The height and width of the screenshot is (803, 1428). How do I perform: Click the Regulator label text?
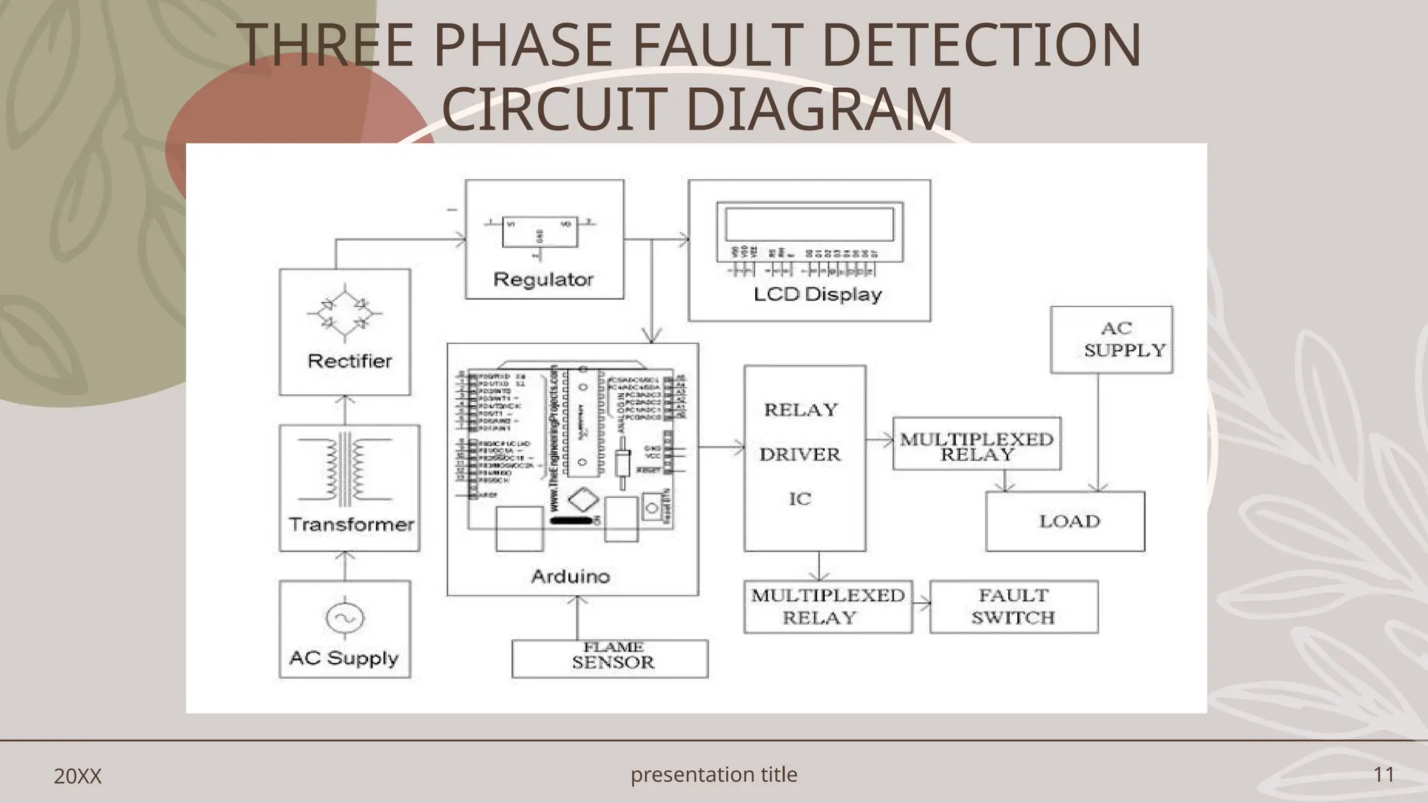tap(543, 280)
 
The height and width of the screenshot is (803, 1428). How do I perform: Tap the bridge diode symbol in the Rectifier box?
tap(344, 314)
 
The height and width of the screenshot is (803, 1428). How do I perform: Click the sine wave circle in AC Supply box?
tap(344, 618)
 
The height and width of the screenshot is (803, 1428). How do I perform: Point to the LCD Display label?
tap(817, 294)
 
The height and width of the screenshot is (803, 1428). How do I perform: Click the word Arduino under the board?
tap(570, 576)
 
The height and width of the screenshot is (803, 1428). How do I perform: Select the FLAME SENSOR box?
tap(610, 659)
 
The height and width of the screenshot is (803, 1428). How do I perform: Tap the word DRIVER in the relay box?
tap(800, 454)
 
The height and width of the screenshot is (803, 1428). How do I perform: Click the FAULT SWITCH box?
tap(1014, 606)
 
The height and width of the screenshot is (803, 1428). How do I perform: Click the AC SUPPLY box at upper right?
tap(1111, 339)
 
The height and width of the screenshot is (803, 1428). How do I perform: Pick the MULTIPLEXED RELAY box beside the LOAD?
tap(976, 444)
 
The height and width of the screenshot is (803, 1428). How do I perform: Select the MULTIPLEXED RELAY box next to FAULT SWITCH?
tap(828, 606)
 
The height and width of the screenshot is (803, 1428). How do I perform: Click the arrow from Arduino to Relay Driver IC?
tap(722, 447)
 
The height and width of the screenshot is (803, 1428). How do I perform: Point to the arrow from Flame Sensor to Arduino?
tap(577, 617)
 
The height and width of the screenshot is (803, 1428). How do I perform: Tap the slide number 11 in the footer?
tap(1383, 774)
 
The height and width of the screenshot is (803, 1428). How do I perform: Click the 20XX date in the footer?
tap(77, 776)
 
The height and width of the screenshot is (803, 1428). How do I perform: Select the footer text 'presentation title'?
tap(713, 774)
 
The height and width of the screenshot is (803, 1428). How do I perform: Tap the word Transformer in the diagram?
tap(351, 524)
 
